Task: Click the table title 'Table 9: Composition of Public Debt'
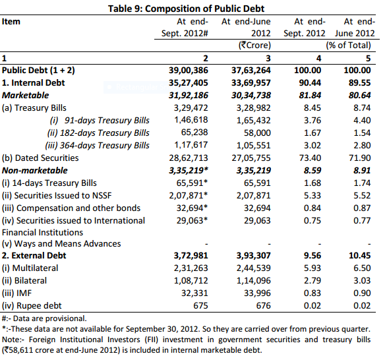coord(193,7)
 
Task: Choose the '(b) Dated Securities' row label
coord(40,158)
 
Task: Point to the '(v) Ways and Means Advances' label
coord(61,243)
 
